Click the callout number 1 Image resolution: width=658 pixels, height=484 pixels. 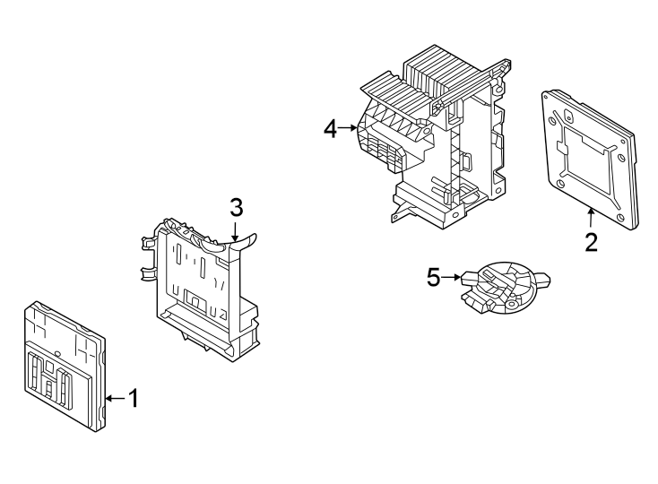coord(133,398)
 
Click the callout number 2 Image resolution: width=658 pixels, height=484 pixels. coord(591,242)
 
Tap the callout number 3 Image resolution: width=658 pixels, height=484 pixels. coord(236,208)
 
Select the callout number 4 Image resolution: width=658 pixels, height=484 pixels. coord(330,129)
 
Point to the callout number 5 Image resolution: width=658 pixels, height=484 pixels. coord(434,278)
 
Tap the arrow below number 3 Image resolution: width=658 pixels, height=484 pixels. coord(236,231)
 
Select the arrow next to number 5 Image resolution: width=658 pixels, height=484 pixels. coord(453,278)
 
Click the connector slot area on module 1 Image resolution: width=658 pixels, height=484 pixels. coord(55,376)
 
